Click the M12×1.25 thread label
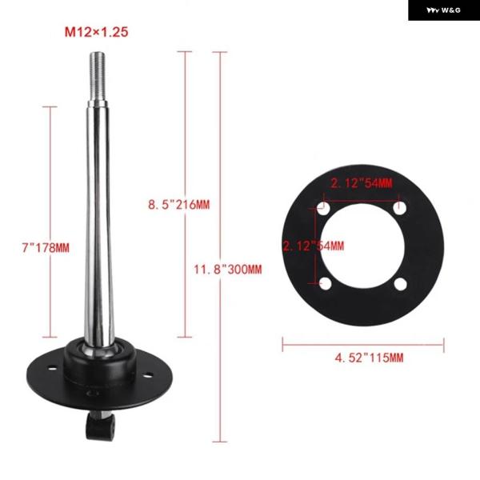(x=96, y=32)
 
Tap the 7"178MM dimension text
(x=46, y=248)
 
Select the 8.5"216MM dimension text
(x=179, y=205)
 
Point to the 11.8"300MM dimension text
(x=228, y=270)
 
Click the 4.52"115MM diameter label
(x=369, y=358)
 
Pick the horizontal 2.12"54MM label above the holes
(x=362, y=183)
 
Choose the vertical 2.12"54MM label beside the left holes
(x=313, y=246)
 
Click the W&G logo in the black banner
(x=443, y=10)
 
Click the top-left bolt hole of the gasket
(x=324, y=208)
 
